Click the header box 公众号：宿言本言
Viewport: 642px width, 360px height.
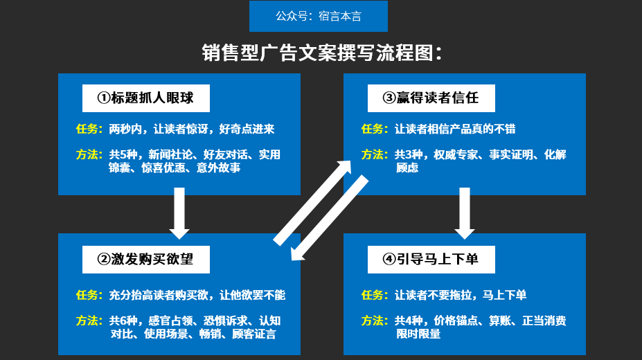319,16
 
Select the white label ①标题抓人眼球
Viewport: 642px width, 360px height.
145,98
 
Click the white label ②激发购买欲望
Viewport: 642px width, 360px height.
145,259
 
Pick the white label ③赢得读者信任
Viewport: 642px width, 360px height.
431,98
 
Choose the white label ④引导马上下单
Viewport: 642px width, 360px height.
431,259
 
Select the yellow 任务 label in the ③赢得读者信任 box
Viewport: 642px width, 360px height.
375,129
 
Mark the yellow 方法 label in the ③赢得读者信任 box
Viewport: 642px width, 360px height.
375,154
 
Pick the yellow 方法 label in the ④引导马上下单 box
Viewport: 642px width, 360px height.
375,321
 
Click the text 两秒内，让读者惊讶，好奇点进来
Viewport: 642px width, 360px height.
192,129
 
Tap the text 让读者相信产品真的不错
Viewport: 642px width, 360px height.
455,129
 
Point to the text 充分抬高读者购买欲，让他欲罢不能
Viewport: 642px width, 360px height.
197,295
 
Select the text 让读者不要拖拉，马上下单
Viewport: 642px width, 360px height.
461,295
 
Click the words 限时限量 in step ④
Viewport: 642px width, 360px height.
418,334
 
